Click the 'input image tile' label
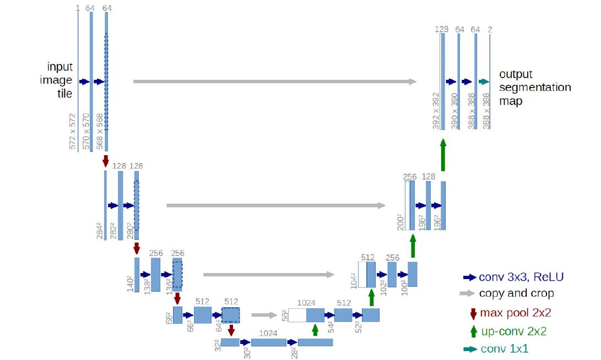56,80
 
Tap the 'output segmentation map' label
535,88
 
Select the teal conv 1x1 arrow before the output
484,81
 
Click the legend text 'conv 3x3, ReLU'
521,277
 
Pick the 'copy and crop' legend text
516,293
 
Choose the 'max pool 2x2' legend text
516,313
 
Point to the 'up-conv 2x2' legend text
513,331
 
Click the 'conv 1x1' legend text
505,348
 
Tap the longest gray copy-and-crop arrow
275,81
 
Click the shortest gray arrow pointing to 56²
264,315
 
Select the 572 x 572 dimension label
73,131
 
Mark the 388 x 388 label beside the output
486,111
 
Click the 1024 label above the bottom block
268,333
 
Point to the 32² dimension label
218,345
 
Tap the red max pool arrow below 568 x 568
106,161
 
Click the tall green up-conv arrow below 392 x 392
443,155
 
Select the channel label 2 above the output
490,30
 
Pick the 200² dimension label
400,222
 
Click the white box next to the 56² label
297,315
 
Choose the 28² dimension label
294,352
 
